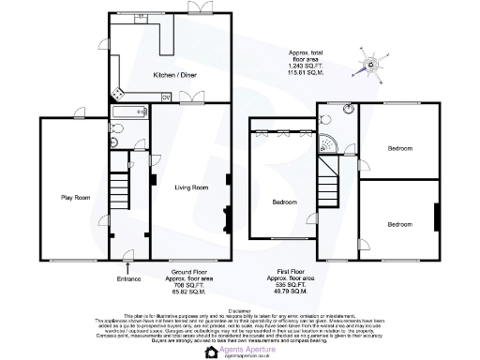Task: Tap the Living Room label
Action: tap(190, 187)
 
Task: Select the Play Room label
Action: tap(73, 197)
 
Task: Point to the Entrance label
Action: tap(127, 278)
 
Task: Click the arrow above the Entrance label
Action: tap(127, 268)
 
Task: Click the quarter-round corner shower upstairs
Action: tap(330, 142)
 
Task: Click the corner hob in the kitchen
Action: tap(117, 93)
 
